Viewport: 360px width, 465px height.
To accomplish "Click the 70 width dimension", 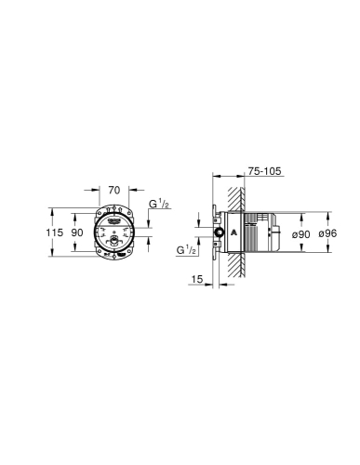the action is pos(114,190).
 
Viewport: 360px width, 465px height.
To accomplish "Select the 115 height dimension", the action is pos(55,232).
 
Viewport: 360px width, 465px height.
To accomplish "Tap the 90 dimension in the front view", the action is pos(77,232).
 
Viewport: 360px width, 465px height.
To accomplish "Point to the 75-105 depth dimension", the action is pos(264,171).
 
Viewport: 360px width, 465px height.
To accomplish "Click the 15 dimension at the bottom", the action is pos(196,279).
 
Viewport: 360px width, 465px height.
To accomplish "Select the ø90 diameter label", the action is pos(301,234).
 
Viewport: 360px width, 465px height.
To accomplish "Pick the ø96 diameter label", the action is pos(327,233).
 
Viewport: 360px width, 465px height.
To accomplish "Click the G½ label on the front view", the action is pos(159,204).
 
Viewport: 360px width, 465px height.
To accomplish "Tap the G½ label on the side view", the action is pos(186,250).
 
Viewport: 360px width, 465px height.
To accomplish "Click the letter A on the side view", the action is pos(234,232).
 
